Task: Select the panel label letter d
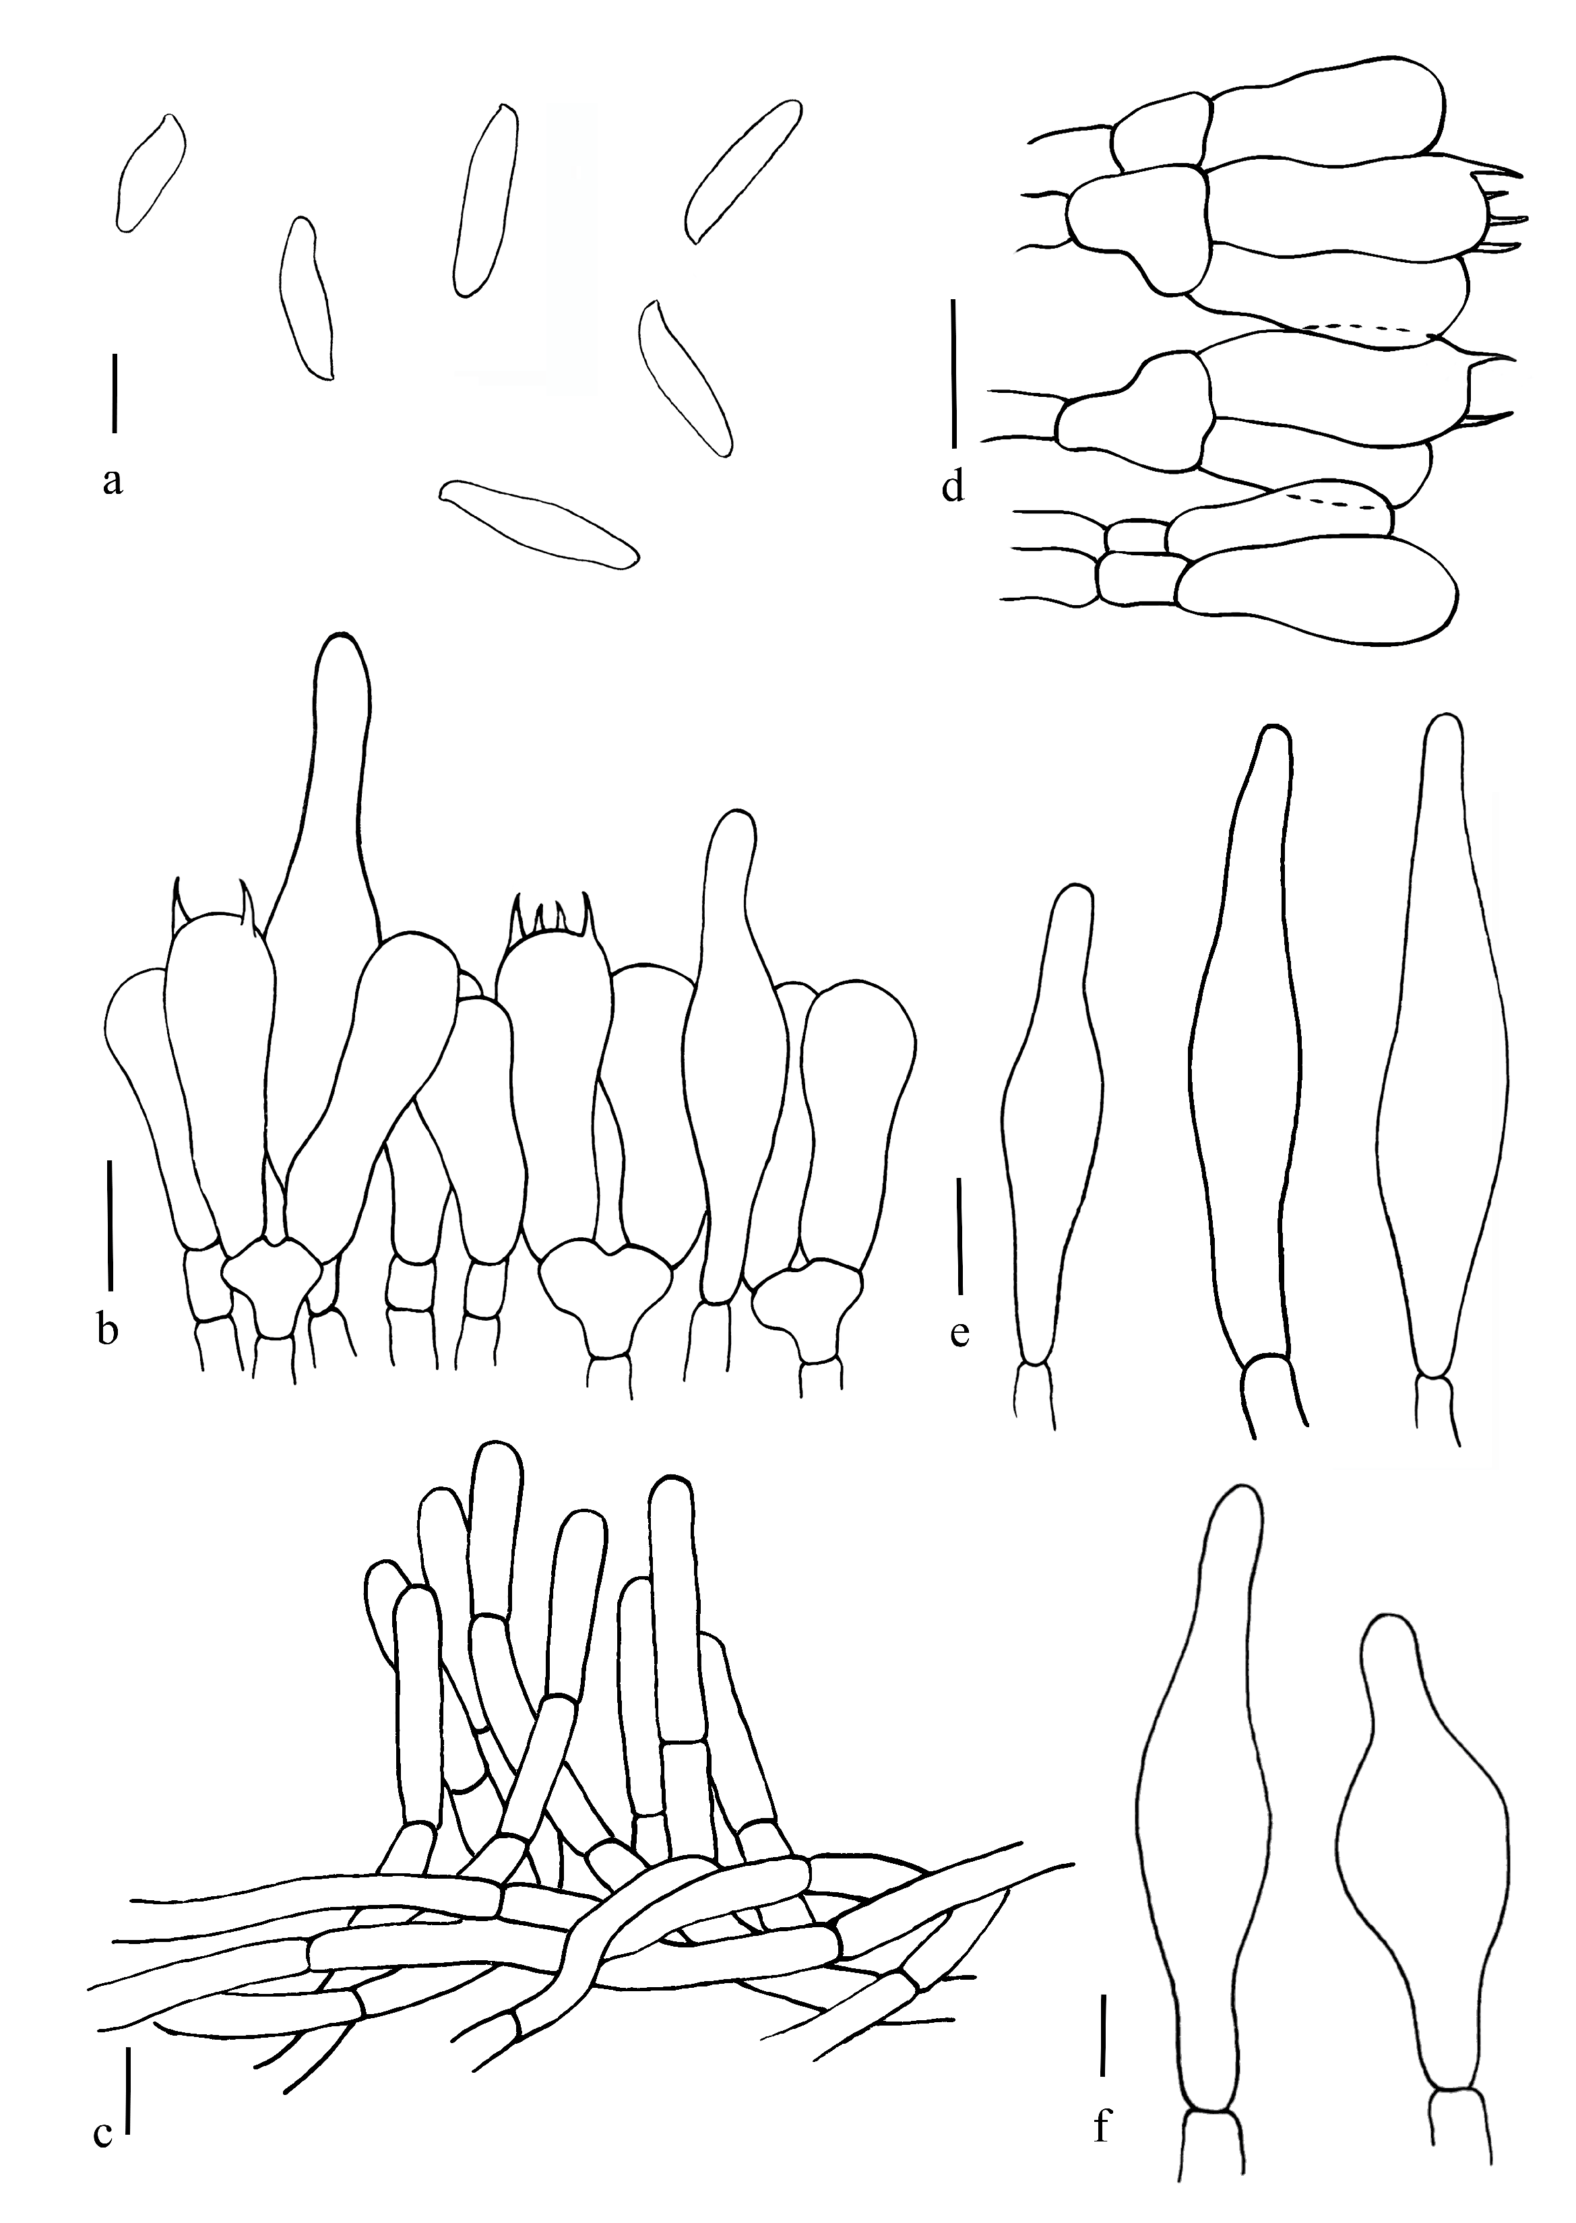(x=953, y=488)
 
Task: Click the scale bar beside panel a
(x=115, y=393)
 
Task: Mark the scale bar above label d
(x=955, y=373)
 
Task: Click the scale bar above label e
(x=959, y=1238)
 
